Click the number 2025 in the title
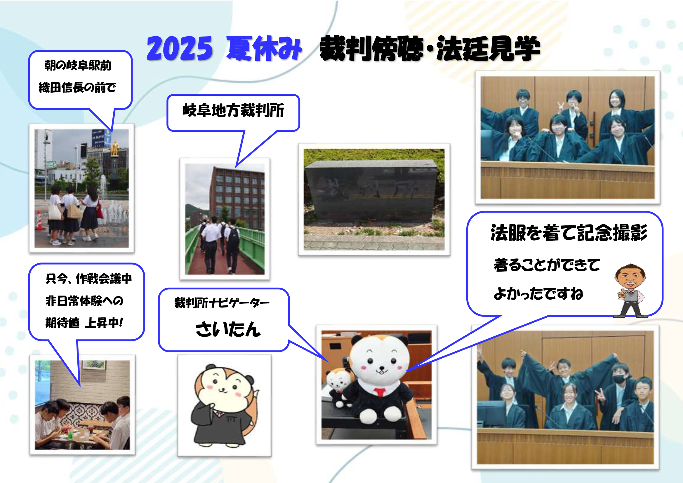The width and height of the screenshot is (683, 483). point(179,48)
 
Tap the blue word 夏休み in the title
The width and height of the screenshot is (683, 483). point(264,48)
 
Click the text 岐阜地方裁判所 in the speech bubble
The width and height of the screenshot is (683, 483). point(233,111)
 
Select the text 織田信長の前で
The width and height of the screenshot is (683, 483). point(77,87)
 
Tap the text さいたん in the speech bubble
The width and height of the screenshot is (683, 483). point(228,329)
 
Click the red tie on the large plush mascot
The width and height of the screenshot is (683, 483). point(380,392)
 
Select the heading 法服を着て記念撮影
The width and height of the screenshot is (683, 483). point(569,232)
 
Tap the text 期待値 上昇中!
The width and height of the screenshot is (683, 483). point(84,323)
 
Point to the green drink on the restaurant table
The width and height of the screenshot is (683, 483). point(70,434)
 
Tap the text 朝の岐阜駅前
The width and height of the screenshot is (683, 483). point(78,65)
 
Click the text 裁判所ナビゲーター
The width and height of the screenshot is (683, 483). point(222,303)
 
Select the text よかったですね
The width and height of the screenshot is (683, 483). point(538,293)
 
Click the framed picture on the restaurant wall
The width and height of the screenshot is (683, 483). point(94,365)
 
